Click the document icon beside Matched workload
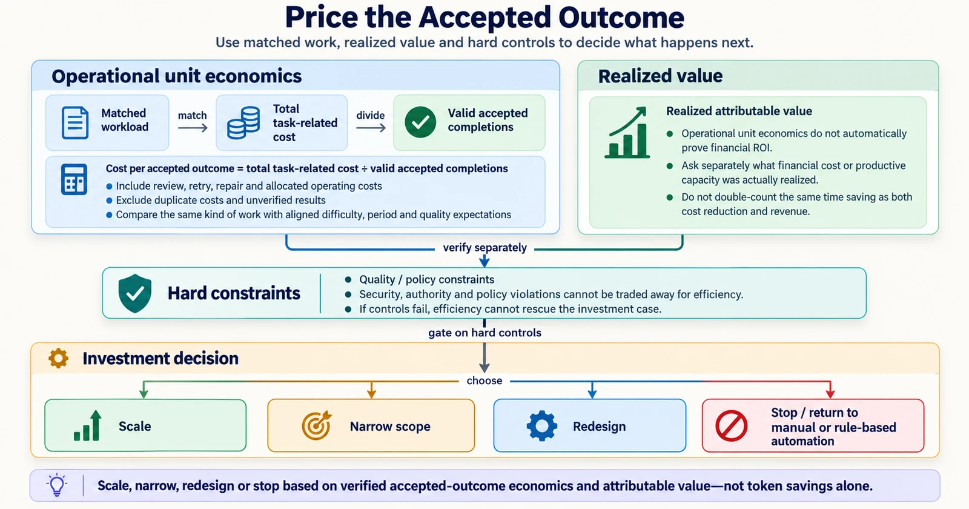75,123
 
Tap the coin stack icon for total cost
243,123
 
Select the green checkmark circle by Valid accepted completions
420,122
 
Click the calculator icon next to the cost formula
74,179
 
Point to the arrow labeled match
193,128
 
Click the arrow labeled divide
371,128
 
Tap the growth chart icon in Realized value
627,133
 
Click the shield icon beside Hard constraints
135,293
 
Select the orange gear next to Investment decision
58,358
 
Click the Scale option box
145,425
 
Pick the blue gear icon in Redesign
541,426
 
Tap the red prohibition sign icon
731,426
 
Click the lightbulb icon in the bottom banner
57,485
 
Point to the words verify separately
485,248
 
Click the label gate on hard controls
485,333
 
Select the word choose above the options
484,381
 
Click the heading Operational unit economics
176,76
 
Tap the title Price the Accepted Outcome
484,18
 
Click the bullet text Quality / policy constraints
426,279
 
